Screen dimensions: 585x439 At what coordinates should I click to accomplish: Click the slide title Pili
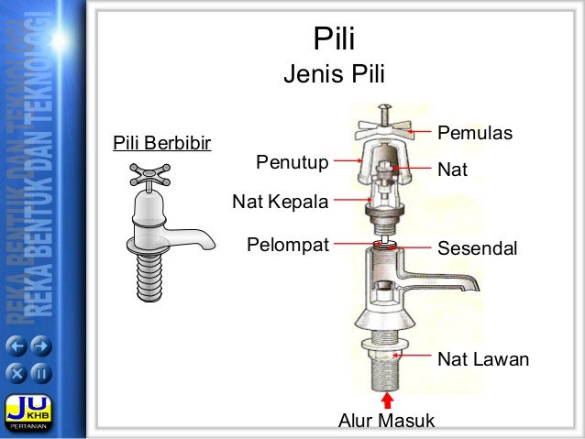click(x=334, y=39)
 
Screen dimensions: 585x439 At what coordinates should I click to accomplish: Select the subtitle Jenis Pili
click(x=334, y=73)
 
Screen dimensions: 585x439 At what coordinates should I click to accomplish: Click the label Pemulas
click(x=473, y=134)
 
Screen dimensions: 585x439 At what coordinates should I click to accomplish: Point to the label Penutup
click(x=292, y=163)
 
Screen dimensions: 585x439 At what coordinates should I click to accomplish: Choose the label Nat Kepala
click(x=280, y=200)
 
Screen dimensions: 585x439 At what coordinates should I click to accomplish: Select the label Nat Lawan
click(x=483, y=359)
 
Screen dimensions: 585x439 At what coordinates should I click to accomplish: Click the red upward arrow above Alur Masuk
click(x=388, y=400)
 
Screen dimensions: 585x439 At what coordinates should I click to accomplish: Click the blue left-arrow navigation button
click(x=18, y=347)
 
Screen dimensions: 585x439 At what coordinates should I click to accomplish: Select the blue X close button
click(x=18, y=373)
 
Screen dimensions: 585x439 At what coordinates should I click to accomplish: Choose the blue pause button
click(x=42, y=373)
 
